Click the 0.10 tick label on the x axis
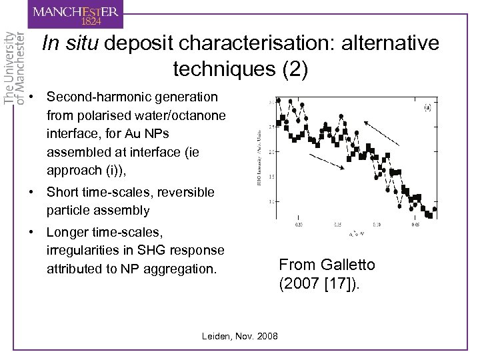point(377,225)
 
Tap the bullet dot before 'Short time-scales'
point(32,192)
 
